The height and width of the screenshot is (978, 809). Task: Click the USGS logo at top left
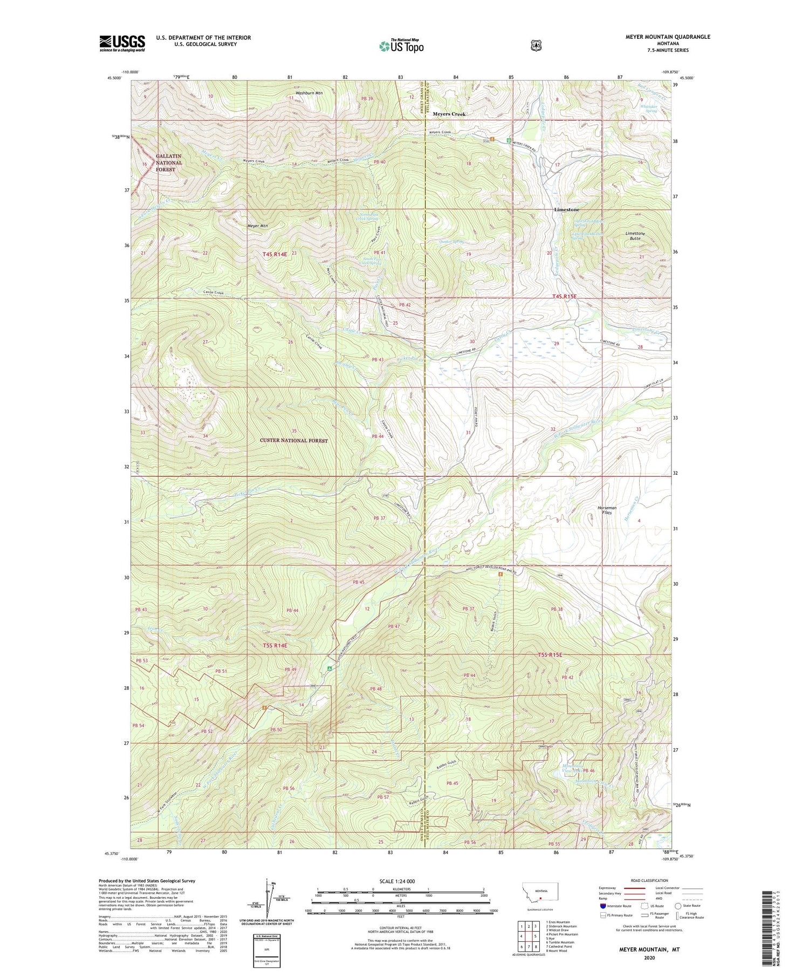coord(122,43)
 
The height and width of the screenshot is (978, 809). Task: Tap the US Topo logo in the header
coord(401,46)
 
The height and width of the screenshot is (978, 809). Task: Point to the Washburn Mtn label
coord(308,93)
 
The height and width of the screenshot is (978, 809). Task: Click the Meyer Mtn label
coord(258,226)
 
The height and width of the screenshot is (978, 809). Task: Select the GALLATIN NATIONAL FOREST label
coord(169,163)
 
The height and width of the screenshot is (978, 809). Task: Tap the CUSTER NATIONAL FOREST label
coord(294,441)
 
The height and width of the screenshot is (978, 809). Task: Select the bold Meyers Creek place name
coord(449,114)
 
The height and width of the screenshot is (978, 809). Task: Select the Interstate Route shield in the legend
coord(603,906)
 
